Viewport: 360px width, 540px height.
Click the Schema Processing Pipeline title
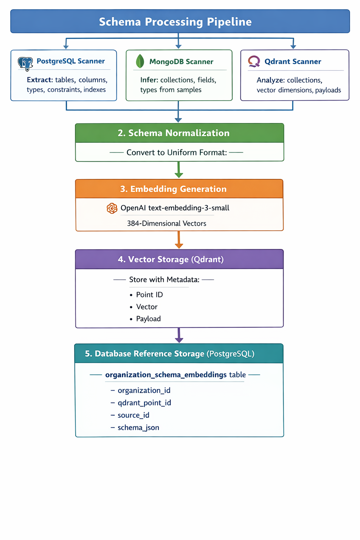point(175,22)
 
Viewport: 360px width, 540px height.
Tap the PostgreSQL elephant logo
point(25,64)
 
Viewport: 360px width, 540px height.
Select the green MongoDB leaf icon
point(140,61)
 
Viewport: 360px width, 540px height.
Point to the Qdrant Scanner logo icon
point(254,62)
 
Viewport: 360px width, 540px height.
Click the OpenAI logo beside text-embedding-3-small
point(112,208)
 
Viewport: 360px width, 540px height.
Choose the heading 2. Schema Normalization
point(174,133)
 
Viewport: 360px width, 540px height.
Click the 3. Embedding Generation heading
point(173,189)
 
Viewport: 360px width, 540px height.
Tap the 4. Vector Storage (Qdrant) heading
point(171,259)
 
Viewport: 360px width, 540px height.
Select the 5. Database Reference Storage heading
point(170,354)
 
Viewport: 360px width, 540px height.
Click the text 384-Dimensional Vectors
point(167,224)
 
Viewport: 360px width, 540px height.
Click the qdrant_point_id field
point(144,403)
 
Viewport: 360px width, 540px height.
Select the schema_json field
point(138,427)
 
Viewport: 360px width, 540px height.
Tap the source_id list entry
point(133,415)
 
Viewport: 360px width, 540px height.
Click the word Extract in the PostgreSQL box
point(40,80)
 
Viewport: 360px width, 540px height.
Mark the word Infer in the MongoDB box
point(149,80)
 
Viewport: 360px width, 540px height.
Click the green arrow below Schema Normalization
point(179,170)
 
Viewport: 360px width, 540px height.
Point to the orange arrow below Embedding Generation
point(179,240)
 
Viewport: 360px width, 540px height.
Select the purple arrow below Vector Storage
point(179,335)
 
